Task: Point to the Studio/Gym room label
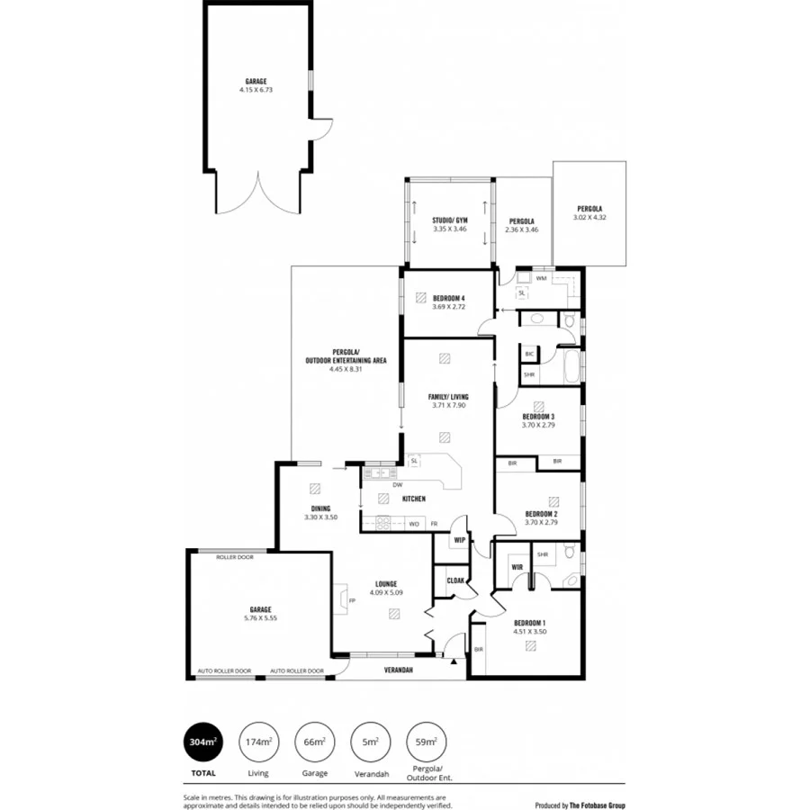coord(449,220)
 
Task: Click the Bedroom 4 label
coord(449,298)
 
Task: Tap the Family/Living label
coord(447,396)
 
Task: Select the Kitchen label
coord(413,498)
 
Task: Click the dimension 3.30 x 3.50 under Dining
coord(320,517)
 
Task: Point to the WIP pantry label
coord(459,540)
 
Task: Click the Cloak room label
coord(455,580)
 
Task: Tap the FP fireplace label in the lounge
coord(353,601)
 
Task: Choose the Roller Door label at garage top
coord(235,557)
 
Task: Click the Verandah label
coord(398,670)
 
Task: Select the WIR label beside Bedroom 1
coord(517,568)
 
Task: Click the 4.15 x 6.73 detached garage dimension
coord(256,90)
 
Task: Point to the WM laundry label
coord(541,279)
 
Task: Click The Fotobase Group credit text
coord(598,805)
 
